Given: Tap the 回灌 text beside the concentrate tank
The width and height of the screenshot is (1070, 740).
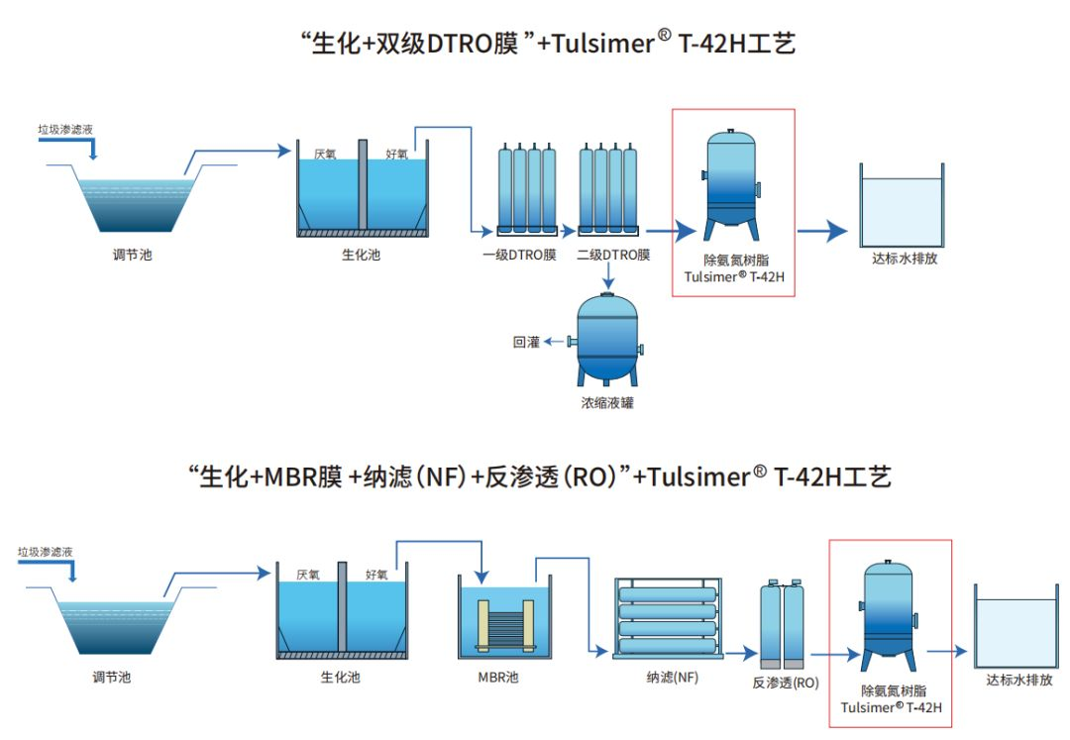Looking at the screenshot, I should (526, 342).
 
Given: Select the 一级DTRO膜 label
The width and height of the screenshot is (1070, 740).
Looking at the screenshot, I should (519, 256).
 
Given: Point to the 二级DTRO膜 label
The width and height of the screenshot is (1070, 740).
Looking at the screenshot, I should (613, 256).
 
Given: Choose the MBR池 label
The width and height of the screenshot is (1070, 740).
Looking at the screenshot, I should (497, 678).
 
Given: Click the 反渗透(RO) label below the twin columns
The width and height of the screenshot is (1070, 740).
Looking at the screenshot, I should (786, 683).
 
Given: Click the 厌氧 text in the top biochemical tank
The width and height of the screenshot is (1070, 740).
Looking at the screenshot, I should (326, 154).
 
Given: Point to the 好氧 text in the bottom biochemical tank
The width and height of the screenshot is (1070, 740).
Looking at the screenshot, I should (376, 574).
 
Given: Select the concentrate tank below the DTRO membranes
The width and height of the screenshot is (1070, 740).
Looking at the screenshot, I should (606, 337).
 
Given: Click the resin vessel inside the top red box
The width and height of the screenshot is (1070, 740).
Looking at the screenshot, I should (733, 185).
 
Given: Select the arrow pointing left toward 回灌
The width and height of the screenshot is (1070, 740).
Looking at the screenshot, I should (554, 342).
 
